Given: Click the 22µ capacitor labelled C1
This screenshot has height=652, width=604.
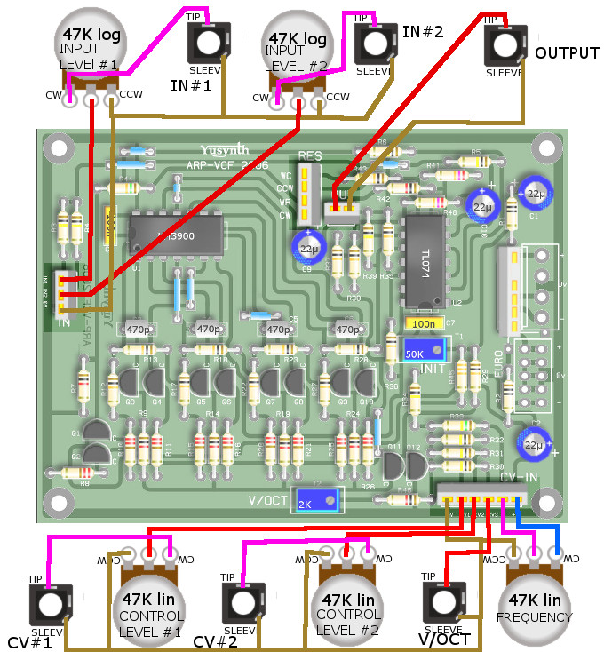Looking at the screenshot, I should click(x=536, y=195).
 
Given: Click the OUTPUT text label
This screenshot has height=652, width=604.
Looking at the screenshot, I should click(x=567, y=53).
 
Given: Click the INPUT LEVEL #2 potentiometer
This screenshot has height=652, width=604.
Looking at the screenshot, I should click(x=299, y=53).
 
